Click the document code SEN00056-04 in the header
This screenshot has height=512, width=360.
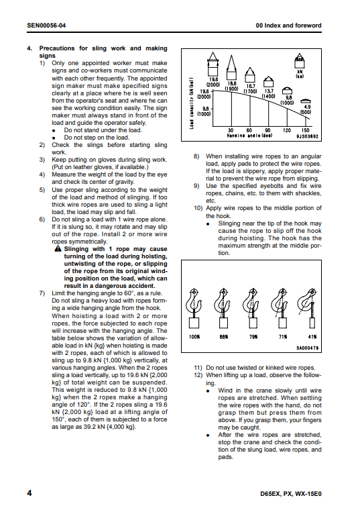point(46,25)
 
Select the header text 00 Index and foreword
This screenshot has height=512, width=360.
point(288,25)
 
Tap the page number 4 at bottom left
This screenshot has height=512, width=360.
point(29,493)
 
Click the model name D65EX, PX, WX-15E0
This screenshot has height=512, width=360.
point(291,494)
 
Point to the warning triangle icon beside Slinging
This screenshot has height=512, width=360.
point(58,249)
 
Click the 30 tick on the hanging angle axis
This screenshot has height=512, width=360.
point(231,130)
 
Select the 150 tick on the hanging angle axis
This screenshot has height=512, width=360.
point(306,130)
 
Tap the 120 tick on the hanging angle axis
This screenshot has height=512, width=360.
point(287,130)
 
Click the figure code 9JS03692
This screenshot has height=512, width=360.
point(307,136)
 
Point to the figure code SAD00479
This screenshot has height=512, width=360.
point(307,348)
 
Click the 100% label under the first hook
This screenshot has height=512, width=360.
point(194,337)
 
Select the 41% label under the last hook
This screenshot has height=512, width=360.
point(312,337)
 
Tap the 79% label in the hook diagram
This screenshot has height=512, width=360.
point(253,337)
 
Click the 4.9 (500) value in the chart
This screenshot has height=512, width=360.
point(307,109)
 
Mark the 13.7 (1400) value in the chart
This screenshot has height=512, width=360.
point(269,94)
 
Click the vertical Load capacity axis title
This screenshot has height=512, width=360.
point(192,103)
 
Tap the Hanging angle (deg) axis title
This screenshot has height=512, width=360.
point(249,136)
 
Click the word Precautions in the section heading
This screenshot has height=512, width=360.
point(57,48)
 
